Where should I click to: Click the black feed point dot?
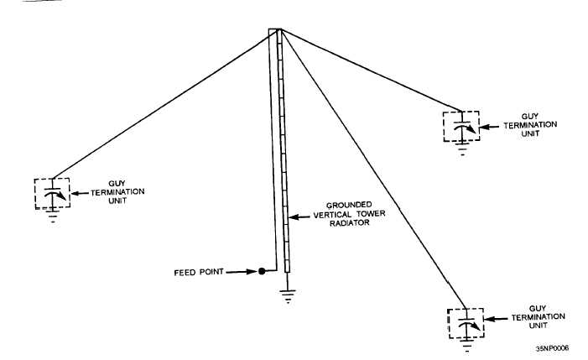262,271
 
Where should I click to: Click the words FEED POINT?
199,272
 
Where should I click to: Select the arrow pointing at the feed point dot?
241,272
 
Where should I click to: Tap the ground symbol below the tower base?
288,296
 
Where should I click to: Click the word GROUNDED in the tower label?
349,205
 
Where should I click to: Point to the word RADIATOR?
350,222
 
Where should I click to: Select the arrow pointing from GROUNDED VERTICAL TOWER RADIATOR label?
299,217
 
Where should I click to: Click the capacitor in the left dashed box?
53,193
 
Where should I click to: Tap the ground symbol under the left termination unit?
53,217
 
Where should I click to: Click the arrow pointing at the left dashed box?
81,194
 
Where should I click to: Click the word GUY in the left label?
117,184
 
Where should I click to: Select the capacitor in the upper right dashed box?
462,127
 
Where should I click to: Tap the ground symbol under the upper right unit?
462,149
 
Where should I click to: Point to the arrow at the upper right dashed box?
489,127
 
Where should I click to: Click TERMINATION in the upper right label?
530,125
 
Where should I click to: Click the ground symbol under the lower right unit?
467,346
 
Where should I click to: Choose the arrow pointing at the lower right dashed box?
496,319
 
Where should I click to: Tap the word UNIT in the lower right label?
539,326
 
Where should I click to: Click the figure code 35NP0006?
552,348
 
